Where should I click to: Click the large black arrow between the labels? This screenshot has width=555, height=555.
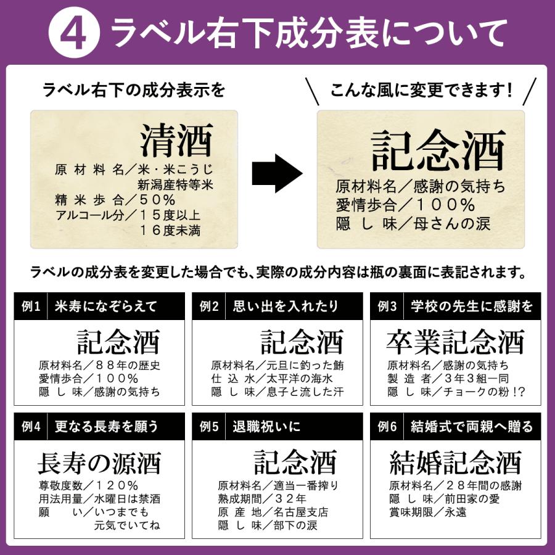(x=277, y=173)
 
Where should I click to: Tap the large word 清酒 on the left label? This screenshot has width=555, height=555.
(x=176, y=141)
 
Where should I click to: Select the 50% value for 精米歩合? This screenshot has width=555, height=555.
(x=157, y=200)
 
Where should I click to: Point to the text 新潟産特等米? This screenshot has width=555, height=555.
(x=176, y=185)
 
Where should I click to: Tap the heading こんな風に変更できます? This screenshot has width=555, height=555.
(x=421, y=90)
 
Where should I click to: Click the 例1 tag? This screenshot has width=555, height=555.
(x=31, y=306)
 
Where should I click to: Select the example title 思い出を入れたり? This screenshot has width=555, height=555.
(x=286, y=306)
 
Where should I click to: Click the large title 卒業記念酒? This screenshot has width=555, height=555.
(x=455, y=342)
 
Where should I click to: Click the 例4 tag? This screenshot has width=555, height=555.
(x=31, y=427)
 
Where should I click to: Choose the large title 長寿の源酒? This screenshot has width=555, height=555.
(x=99, y=463)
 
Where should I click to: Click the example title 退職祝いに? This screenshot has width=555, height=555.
(x=266, y=427)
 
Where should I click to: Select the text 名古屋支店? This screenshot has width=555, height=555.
(x=301, y=512)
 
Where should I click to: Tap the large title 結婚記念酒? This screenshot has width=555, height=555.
(x=455, y=462)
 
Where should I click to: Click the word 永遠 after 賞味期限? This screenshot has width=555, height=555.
(x=456, y=512)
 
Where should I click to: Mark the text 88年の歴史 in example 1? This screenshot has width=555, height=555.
(x=128, y=365)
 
